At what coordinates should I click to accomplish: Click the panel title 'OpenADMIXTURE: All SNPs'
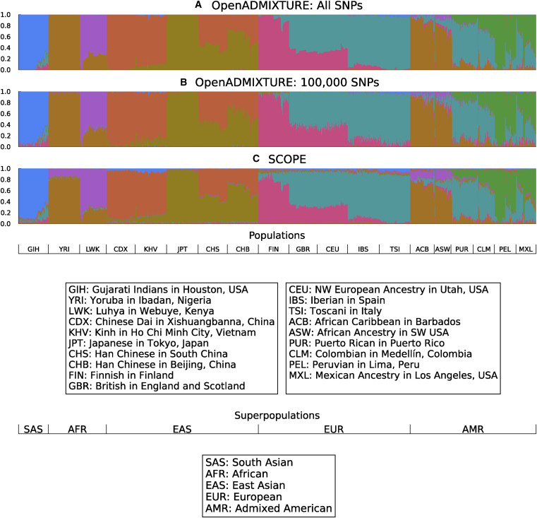285,6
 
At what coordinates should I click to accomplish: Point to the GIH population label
33,249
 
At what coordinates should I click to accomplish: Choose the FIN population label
273,249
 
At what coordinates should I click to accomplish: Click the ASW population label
442,249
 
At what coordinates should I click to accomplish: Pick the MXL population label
526,249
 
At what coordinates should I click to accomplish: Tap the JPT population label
183,249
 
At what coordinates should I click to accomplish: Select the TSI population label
394,249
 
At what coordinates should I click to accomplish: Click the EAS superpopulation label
182,429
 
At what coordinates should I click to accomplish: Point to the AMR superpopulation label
472,429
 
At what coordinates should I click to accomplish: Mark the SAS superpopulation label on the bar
33,429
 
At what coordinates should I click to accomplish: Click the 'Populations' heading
277,235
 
